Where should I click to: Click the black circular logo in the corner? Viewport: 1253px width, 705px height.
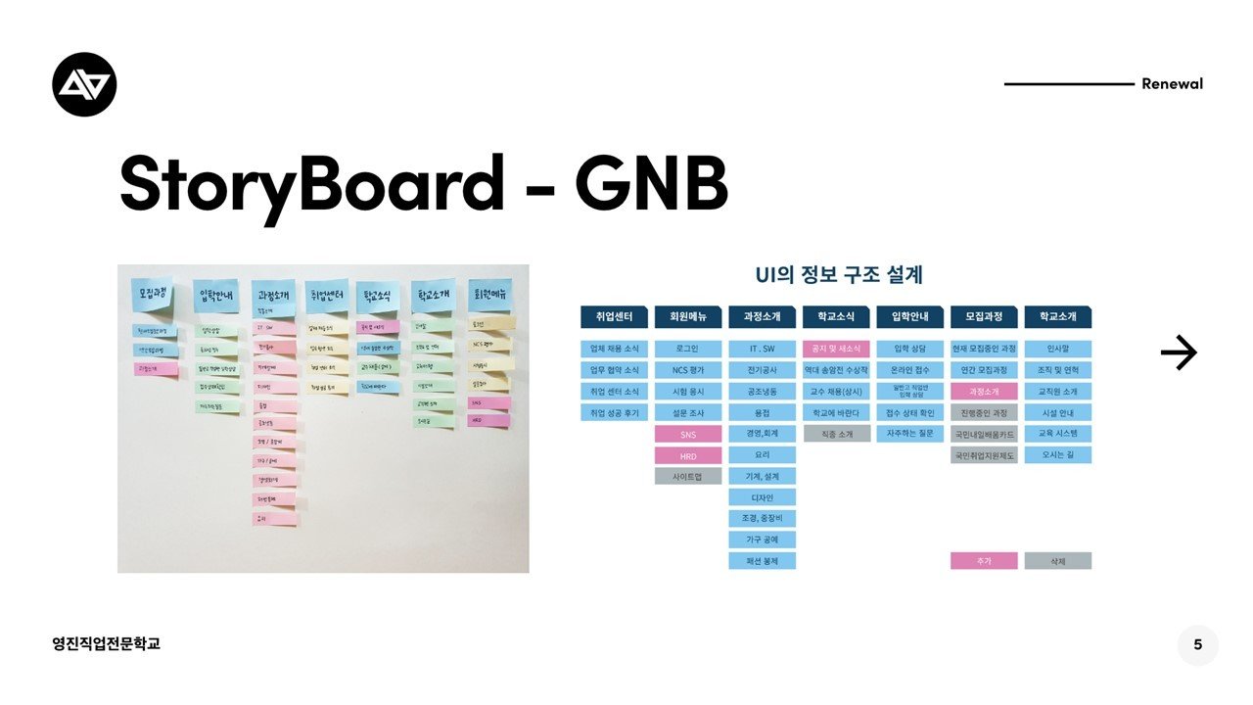pos(84,84)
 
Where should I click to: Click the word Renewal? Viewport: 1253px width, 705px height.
pos(1172,84)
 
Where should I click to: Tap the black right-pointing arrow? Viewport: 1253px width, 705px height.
pos(1179,352)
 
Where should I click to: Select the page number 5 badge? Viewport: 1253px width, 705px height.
pos(1198,645)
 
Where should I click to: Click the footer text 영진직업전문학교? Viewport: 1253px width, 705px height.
pos(107,643)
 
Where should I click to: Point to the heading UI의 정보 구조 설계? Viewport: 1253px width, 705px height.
pos(839,275)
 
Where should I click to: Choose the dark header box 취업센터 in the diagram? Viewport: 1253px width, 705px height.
pos(614,317)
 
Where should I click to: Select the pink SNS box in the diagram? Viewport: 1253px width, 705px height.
pos(688,434)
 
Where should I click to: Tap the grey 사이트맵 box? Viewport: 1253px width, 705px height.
pos(688,476)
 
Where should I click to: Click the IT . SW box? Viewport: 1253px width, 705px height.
pos(762,349)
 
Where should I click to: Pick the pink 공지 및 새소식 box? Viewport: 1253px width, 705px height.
pos(836,349)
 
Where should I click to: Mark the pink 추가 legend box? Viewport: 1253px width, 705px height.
pos(984,561)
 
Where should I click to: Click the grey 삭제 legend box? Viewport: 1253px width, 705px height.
pos(1058,561)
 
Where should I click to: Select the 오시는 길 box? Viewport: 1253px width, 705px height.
pos(1058,455)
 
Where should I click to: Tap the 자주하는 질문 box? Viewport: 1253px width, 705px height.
pos(910,434)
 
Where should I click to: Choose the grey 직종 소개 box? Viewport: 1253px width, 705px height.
pos(836,434)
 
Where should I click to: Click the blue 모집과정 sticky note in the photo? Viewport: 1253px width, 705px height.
pos(155,294)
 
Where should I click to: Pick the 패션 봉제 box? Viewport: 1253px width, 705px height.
pos(762,561)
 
